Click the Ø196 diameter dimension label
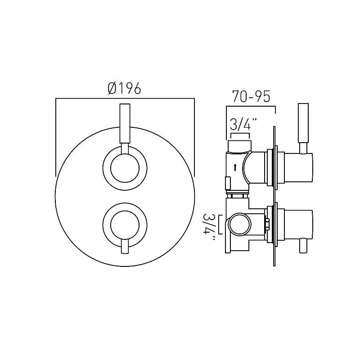pyautogui.click(x=125, y=89)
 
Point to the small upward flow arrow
pyautogui.click(x=235, y=167)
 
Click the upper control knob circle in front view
pyautogui.click(x=125, y=167)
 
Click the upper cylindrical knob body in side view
pyautogui.click(x=295, y=169)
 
